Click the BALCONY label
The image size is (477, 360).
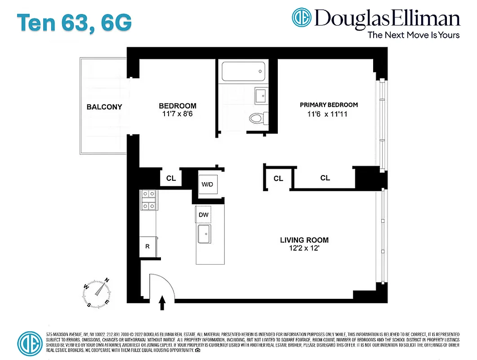point(104,107)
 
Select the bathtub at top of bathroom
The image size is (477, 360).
point(243,71)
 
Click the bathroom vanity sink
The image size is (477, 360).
point(260,96)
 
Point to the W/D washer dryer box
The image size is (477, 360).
point(207,184)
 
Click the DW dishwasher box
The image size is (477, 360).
point(204,215)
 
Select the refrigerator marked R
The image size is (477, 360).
point(147,246)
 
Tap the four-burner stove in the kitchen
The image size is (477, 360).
point(148,200)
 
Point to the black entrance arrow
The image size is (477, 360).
point(162,304)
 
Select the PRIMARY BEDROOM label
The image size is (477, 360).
point(329,105)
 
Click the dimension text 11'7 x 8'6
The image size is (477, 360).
point(178,114)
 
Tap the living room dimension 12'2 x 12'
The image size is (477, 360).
point(304,248)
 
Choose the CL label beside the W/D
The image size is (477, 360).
point(171,178)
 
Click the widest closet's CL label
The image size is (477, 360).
point(325,178)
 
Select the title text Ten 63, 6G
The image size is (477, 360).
point(75,23)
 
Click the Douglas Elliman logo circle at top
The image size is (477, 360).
point(302,18)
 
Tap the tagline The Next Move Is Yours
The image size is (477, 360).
point(414,35)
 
